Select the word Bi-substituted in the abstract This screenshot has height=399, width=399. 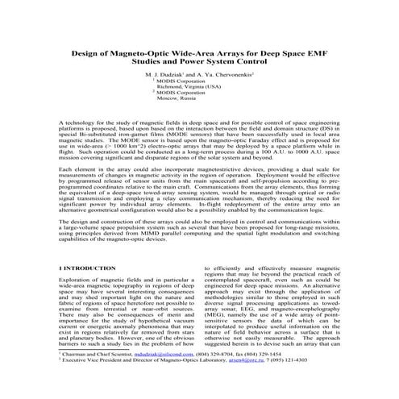pyautogui.click(x=86, y=142)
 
